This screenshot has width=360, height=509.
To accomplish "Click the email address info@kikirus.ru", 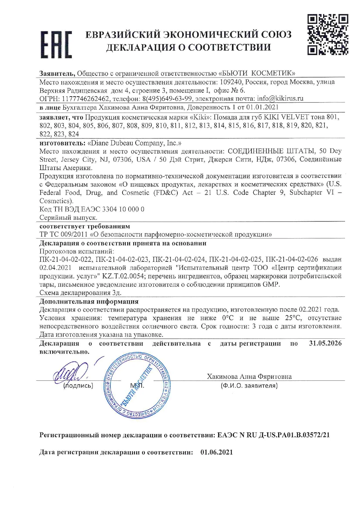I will pos(280,98).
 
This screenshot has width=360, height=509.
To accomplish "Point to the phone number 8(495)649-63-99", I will pos(167,99).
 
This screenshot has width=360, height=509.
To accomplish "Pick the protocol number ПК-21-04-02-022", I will pos(66,259).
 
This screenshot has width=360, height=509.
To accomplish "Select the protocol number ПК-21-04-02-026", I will pos(292,259).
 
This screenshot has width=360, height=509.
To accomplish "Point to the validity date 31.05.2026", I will pos(325,344).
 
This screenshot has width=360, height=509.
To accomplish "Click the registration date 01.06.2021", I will pos(217,452).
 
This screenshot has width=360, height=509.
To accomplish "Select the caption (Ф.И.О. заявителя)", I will pos(249,386).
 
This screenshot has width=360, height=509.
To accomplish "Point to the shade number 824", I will pos(74,134).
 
